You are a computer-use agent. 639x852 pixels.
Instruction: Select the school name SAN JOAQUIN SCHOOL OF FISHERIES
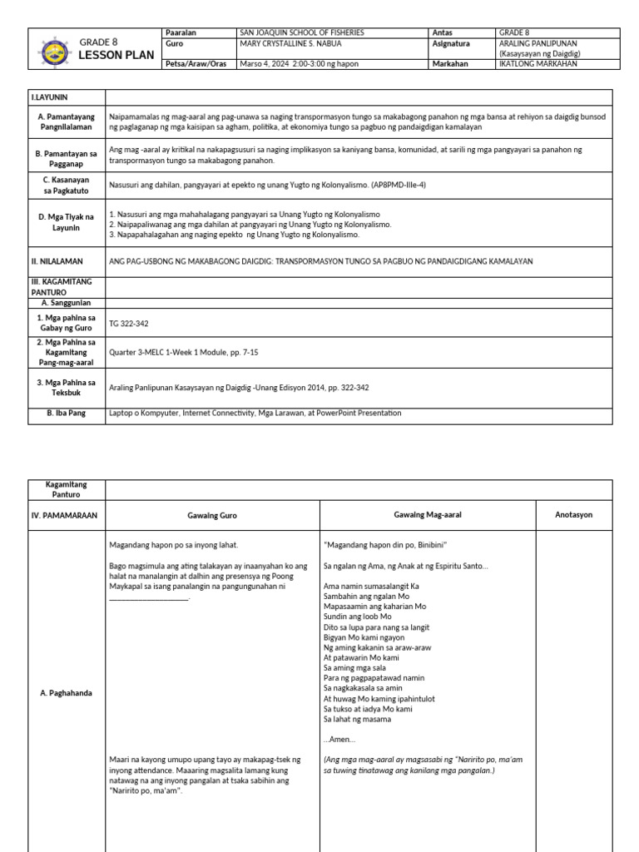click(302, 32)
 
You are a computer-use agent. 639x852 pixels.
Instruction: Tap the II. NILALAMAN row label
click(57, 261)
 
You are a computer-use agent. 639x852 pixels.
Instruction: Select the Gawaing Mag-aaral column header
click(427, 515)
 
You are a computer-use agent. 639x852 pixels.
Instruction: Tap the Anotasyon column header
click(574, 515)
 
